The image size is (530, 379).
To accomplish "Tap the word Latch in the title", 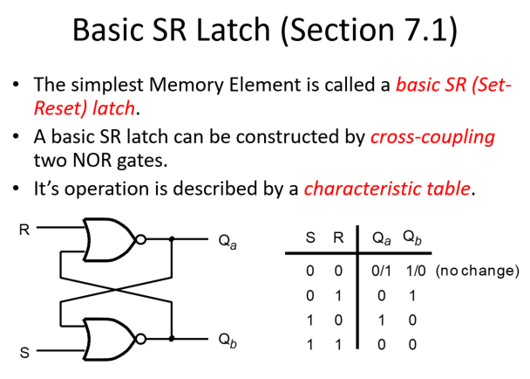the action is point(233,30).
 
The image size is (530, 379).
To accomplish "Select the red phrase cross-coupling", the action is point(432,137).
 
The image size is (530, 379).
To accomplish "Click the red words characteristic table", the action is point(387,189).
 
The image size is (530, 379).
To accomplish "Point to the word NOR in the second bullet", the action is point(92,160).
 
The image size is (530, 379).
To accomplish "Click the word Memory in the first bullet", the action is point(187,85).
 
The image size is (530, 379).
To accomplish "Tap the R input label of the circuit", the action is point(24,230).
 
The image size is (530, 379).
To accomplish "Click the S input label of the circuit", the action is point(24,353).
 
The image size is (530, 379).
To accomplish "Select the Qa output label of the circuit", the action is point(228,242).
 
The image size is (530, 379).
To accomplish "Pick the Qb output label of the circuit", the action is point(228,340).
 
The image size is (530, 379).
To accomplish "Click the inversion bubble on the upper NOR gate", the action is point(140,239).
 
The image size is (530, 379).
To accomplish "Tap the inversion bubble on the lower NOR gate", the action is point(140,338).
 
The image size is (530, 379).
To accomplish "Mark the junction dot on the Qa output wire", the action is point(172,239).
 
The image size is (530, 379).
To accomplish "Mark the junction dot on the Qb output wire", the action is point(172,338).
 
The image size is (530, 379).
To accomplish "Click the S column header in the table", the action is point(310,238).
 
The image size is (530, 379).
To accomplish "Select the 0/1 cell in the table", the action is point(381,271).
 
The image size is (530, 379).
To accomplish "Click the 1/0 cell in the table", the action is point(416,271).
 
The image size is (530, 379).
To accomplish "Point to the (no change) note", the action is point(478,271).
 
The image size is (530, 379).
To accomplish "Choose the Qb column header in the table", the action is point(412,238).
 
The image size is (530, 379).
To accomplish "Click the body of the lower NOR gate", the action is point(108,339).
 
